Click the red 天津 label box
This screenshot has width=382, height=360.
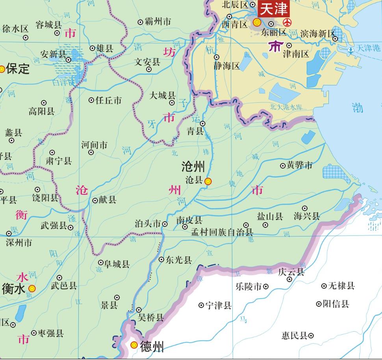[x=273, y=9]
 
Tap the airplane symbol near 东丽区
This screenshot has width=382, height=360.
[x=287, y=22]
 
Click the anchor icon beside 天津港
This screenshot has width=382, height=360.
[x=350, y=50]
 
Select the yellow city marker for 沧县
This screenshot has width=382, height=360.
[x=208, y=181]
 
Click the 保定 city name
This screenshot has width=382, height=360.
[x=18, y=69]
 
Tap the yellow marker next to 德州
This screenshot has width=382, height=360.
[x=134, y=345]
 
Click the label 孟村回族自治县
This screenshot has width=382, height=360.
[x=222, y=232]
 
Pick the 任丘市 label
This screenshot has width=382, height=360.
[x=109, y=100]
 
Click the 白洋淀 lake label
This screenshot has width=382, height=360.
[x=63, y=83]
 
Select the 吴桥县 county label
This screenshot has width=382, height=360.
[x=150, y=317]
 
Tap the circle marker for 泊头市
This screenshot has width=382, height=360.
[x=165, y=224]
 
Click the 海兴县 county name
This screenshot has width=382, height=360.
[x=307, y=216]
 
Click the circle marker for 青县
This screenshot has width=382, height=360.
[x=203, y=124]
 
